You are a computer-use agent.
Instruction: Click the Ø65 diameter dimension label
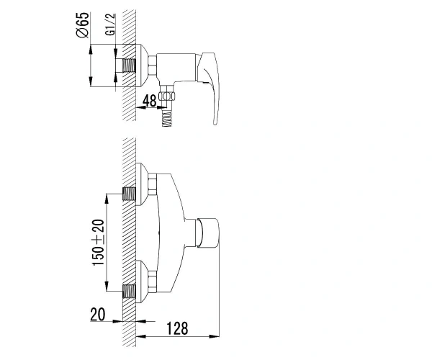82,24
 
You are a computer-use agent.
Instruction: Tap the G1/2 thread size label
110,24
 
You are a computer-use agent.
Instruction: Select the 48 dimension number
150,101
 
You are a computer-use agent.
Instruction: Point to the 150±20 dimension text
99,243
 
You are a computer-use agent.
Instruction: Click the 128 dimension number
177,328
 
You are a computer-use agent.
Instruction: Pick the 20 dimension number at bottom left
98,314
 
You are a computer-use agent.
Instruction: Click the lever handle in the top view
210,86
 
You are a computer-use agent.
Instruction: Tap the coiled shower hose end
166,118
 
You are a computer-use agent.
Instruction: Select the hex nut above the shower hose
168,96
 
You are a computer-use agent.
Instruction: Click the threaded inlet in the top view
129,66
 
